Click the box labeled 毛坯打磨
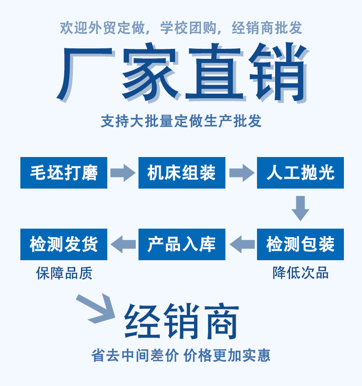click(x=64, y=173)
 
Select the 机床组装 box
click(x=181, y=173)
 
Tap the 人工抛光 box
click(x=300, y=173)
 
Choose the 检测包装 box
click(x=300, y=244)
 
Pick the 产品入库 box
click(x=181, y=244)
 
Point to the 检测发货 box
click(x=64, y=244)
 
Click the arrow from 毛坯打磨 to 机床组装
click(x=123, y=173)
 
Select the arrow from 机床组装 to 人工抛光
click(x=241, y=173)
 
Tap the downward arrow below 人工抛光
click(x=300, y=208)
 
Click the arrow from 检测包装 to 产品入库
click(x=242, y=244)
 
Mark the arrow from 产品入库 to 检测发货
click(x=123, y=244)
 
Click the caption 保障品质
click(x=64, y=273)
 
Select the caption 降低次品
click(x=300, y=273)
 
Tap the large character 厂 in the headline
click(x=86, y=72)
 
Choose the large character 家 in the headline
click(x=149, y=72)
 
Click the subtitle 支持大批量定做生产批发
click(x=181, y=121)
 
